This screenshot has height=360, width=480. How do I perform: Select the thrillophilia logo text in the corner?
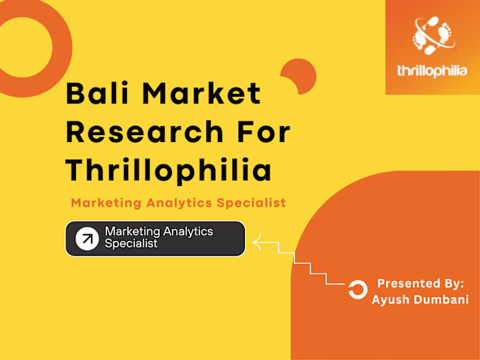(433, 71)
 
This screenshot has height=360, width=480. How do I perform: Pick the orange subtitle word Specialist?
(252, 203)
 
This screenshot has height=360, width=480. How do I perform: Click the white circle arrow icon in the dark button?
(87, 238)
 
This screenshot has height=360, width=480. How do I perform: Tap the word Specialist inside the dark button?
(131, 243)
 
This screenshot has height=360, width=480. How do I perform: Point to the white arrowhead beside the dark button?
(257, 241)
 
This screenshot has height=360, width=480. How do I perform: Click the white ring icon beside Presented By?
(357, 290)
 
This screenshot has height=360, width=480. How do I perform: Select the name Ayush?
(390, 299)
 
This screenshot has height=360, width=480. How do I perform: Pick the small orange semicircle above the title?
(300, 73)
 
